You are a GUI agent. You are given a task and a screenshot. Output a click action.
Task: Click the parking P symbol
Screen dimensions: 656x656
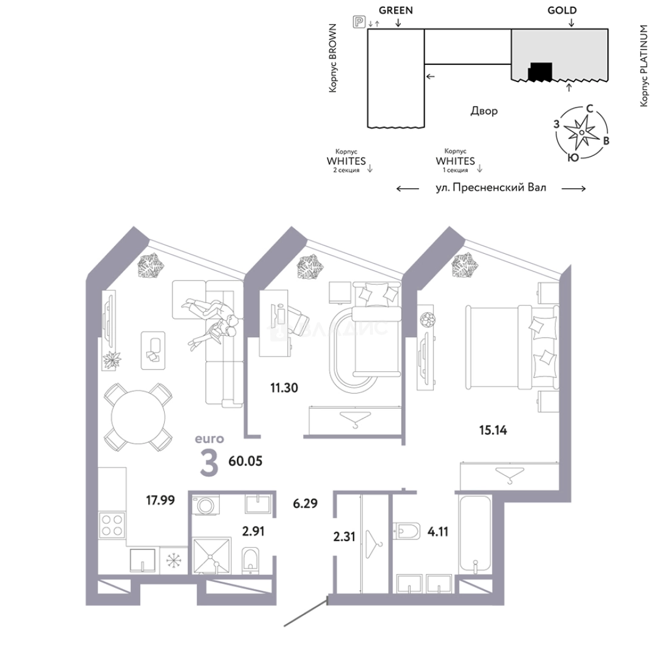[x=358, y=22]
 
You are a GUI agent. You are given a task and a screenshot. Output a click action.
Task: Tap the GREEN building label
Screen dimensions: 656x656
[x=396, y=10]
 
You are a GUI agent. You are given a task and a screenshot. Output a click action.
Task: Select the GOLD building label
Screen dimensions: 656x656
[x=562, y=10]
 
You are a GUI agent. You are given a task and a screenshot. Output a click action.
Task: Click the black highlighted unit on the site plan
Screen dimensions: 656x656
[x=540, y=72]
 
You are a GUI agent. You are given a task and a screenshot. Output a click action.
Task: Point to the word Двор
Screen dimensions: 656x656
[x=484, y=111]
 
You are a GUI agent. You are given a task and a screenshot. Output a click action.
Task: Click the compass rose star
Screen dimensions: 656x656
[x=581, y=132]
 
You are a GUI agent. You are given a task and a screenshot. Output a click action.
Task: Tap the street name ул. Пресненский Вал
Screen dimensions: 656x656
[x=491, y=188]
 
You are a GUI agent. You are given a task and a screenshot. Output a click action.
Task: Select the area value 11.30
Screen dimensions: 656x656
[x=284, y=388]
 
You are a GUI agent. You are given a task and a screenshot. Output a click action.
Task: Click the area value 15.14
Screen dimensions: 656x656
[x=493, y=430]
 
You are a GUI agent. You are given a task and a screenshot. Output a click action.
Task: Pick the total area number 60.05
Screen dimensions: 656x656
[x=245, y=461]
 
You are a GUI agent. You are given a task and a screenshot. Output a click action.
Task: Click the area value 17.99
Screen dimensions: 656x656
[x=160, y=500]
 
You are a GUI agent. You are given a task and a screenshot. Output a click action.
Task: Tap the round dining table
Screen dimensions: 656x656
[x=138, y=417]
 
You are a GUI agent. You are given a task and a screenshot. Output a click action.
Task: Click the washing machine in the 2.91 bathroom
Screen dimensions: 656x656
[x=206, y=505]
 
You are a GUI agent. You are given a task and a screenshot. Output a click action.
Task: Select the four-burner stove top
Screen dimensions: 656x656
[x=112, y=525]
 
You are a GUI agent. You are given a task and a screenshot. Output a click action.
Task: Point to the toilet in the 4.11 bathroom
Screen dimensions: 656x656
[x=407, y=531]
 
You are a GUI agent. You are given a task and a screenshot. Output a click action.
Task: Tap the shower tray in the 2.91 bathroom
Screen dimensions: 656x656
[x=212, y=556]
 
